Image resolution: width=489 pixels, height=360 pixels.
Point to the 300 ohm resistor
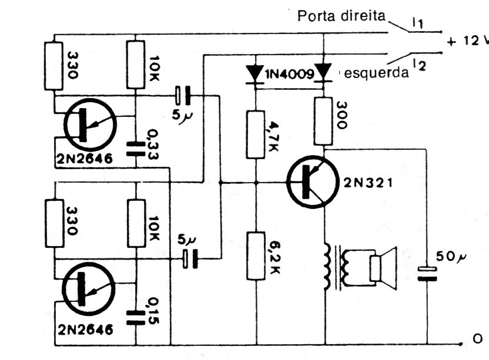[x=324, y=121]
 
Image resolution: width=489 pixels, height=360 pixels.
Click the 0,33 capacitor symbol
[x=136, y=147]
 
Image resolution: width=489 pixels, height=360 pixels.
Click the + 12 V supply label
[x=467, y=42]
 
